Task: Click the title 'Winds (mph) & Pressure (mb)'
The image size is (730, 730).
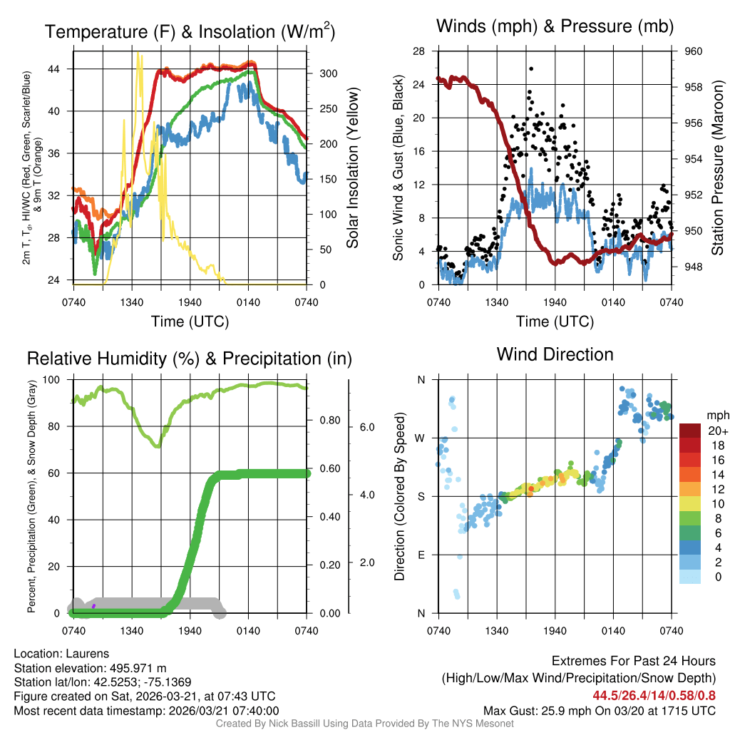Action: click(x=555, y=26)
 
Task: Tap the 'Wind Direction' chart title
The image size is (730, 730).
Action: click(x=555, y=354)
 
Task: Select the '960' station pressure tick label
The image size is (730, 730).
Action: click(x=693, y=51)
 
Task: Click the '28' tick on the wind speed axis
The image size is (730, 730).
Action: click(x=419, y=51)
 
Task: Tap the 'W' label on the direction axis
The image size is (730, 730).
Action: click(x=420, y=438)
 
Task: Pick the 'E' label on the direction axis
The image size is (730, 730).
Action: click(x=421, y=555)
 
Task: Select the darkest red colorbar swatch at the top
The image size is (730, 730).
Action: click(x=690, y=431)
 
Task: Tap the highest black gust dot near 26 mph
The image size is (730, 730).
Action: click(x=531, y=69)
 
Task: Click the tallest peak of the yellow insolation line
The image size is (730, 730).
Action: click(x=138, y=53)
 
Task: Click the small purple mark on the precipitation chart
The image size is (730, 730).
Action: click(x=93, y=606)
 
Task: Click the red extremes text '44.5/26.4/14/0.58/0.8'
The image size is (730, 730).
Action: click(x=654, y=695)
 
